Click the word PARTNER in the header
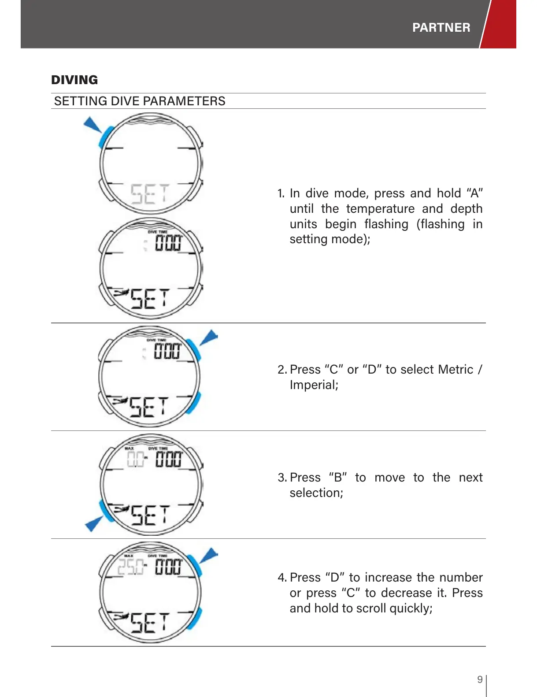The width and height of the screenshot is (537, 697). click(x=441, y=27)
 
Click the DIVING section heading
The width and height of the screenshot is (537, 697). click(x=74, y=80)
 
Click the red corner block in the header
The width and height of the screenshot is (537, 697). click(x=500, y=24)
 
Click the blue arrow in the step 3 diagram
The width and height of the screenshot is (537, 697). click(x=93, y=523)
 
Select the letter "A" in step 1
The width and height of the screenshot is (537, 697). click(x=474, y=193)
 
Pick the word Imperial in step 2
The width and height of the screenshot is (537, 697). click(x=313, y=385)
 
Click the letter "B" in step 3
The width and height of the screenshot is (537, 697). click(x=338, y=477)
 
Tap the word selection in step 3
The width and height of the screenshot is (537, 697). click(x=315, y=493)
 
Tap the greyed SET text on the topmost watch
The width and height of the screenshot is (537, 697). click(x=150, y=194)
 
